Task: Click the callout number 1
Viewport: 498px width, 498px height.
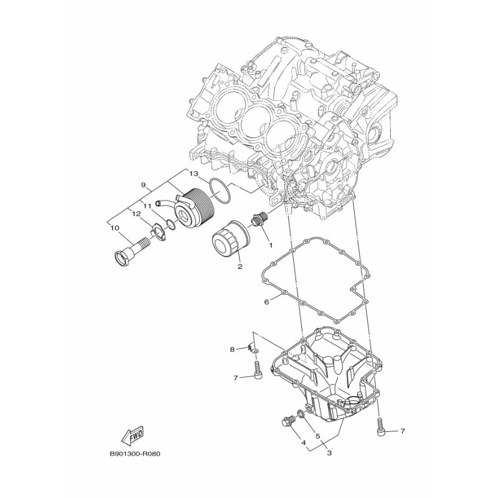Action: [270, 245]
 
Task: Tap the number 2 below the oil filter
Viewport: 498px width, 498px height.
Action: [239, 267]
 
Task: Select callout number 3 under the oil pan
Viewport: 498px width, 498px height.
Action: [328, 453]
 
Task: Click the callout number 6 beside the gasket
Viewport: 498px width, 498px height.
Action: [266, 303]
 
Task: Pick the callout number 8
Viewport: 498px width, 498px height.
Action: [232, 349]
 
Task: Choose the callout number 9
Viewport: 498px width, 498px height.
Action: [143, 186]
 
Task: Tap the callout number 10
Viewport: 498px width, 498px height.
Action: [115, 228]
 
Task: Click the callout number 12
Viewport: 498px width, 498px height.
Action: [132, 214]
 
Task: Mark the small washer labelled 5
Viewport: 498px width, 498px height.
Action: [302, 414]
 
